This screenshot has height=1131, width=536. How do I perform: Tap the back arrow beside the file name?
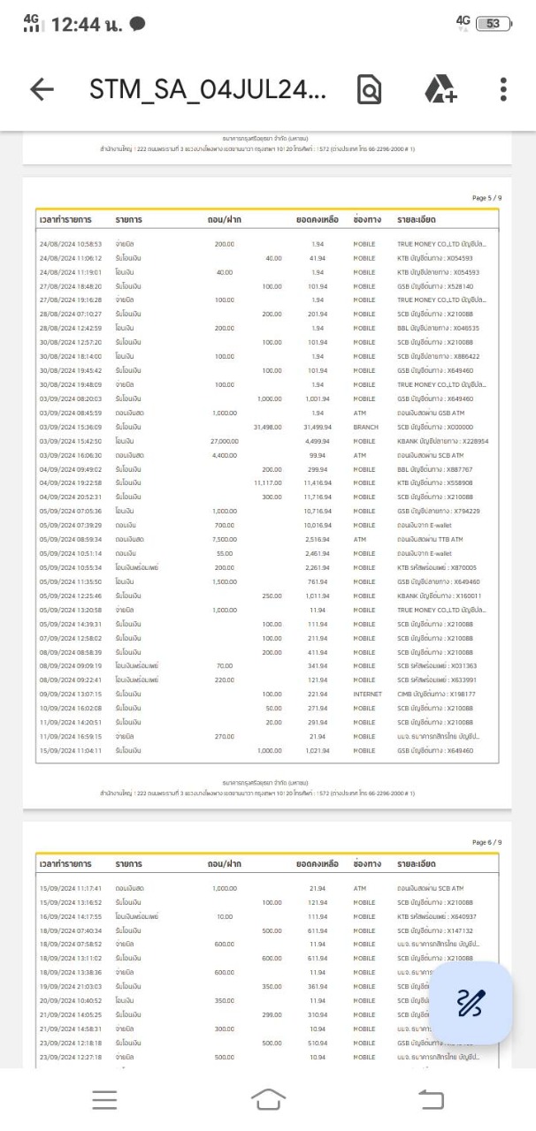[x=41, y=89]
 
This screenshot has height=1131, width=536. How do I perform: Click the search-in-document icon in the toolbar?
[x=369, y=89]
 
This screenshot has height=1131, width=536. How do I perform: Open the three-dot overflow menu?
[x=503, y=89]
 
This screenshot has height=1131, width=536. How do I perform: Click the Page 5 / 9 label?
[x=486, y=200]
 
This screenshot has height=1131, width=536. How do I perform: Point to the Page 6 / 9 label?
[x=486, y=842]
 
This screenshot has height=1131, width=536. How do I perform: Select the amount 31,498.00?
[x=266, y=427]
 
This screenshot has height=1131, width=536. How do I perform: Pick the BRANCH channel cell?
[x=364, y=427]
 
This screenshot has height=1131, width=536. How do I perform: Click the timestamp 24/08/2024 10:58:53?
[x=71, y=243]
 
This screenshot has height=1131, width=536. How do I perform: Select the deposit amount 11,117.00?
[x=266, y=483]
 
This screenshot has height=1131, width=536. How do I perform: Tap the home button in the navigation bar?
[x=268, y=1099]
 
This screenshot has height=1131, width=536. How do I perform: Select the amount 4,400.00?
[x=224, y=455]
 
